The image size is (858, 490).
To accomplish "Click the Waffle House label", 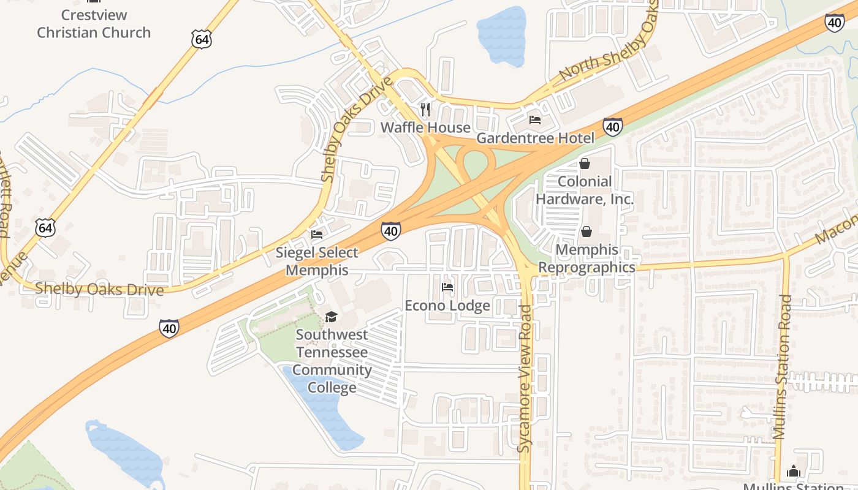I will click(425, 127).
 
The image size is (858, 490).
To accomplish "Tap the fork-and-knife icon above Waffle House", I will click(425, 110).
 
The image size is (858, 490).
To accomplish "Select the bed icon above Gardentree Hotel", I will click(535, 120).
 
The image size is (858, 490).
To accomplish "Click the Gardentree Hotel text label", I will click(535, 138).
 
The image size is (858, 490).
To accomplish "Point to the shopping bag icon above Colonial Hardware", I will click(585, 164).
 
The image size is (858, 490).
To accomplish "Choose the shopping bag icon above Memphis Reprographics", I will click(587, 232).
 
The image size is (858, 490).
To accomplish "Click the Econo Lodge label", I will click(447, 305).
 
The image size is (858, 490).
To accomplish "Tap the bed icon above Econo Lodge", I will click(447, 287).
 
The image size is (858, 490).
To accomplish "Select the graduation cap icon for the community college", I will click(331, 317).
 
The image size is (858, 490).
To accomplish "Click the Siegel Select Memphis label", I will click(317, 261).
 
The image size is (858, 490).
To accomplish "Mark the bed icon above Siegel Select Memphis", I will click(317, 235).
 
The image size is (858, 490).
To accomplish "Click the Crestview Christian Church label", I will click(94, 24).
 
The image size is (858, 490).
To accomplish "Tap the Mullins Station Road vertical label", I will click(783, 367).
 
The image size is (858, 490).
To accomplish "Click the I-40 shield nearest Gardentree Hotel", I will click(613, 127).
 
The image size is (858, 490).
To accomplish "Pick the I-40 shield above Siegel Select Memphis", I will click(391, 230).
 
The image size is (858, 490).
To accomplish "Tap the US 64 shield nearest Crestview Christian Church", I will click(201, 39).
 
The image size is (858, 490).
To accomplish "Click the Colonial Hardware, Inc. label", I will click(585, 190).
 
